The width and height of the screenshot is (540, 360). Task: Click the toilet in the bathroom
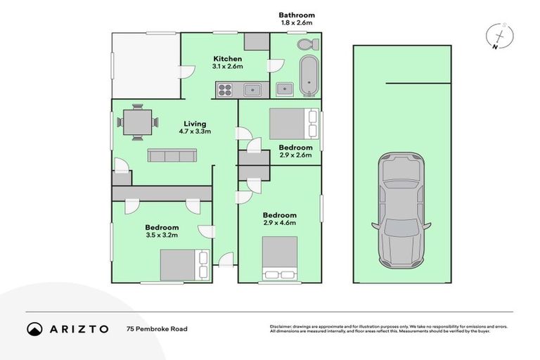[x=307, y=46]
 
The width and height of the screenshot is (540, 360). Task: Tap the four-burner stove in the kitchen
[x=225, y=89]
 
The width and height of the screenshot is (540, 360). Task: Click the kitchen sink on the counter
[x=251, y=89]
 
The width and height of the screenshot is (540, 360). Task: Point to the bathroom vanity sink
[x=284, y=89]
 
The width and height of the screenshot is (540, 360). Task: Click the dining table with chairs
[x=136, y=121]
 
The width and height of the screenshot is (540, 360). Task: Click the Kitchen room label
[x=229, y=59]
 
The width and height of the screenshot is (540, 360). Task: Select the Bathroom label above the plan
[x=296, y=15]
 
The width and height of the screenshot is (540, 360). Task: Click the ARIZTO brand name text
[x=79, y=328]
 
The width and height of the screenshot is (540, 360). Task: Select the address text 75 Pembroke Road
[x=157, y=328]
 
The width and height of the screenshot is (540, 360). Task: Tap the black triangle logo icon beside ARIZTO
[x=34, y=328]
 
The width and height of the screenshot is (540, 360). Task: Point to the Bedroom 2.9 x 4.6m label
[x=280, y=219]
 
